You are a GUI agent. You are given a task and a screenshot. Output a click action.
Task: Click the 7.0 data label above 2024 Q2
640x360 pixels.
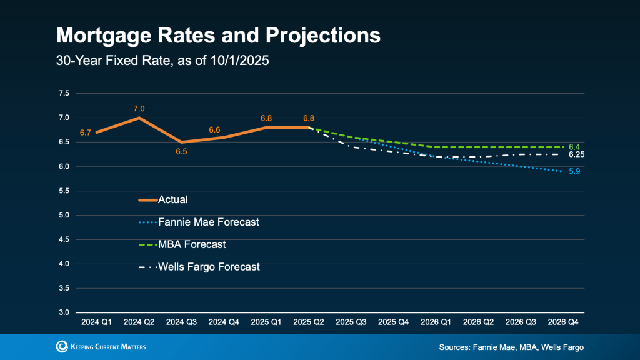coord(139,109)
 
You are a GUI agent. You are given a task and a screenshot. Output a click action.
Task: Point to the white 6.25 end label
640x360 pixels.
coord(576,154)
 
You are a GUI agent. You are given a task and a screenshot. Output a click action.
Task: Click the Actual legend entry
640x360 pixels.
coord(173,200)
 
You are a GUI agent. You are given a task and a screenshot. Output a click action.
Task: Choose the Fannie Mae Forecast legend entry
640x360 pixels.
coord(209,222)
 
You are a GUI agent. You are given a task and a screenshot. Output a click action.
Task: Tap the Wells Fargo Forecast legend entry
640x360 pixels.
coord(209,267)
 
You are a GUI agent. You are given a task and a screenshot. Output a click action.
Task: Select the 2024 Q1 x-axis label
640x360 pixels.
coord(96,322)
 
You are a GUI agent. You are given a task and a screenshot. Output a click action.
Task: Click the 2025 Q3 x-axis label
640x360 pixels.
coord(350,322)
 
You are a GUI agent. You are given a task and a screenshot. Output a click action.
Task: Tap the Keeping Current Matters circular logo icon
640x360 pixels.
coord(62,347)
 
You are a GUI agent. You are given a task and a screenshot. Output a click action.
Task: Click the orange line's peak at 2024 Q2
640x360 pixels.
coord(139,117)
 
